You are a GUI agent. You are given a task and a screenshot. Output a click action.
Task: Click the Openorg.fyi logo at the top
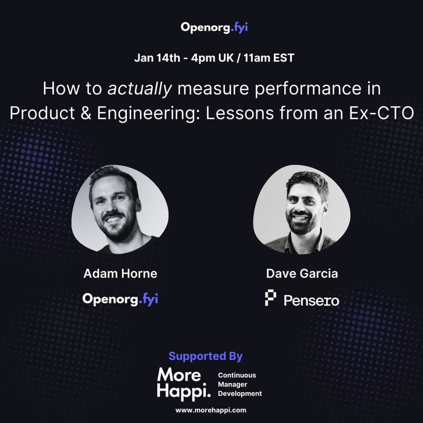pyautogui.click(x=214, y=27)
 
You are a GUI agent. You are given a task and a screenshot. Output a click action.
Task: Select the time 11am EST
pyautogui.click(x=270, y=58)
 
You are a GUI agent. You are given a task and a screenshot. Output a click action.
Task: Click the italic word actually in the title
pyautogui.click(x=140, y=88)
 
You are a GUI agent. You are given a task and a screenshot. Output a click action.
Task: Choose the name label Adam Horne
pyautogui.click(x=120, y=274)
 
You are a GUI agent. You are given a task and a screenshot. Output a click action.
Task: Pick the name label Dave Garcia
pyautogui.click(x=302, y=274)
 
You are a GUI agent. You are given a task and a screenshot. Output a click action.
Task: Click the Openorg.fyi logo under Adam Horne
pyautogui.click(x=120, y=299)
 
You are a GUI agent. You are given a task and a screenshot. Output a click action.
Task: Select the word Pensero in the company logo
pyautogui.click(x=311, y=300)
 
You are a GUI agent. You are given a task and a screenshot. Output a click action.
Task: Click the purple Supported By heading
pyautogui.click(x=205, y=356)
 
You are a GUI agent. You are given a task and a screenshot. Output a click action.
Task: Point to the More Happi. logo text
pyautogui.click(x=180, y=383)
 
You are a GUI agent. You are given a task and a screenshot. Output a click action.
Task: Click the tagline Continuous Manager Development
pyautogui.click(x=240, y=384)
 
